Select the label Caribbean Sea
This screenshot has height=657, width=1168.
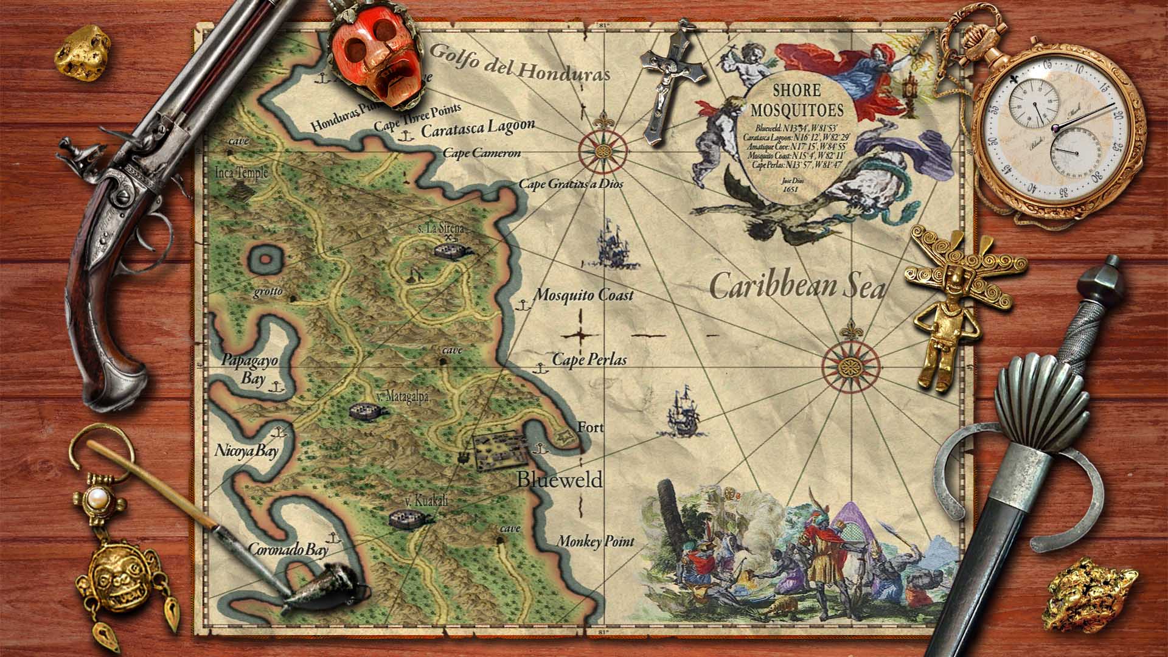point(797,287)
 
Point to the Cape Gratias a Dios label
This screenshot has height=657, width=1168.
point(571,183)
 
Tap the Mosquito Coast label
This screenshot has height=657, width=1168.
point(583,295)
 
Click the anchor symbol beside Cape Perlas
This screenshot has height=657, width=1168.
point(538,367)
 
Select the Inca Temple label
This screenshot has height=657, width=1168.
point(242,173)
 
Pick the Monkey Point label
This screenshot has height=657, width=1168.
point(596,541)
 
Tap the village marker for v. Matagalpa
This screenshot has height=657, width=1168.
point(369,412)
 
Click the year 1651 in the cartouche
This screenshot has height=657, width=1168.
point(791,189)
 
